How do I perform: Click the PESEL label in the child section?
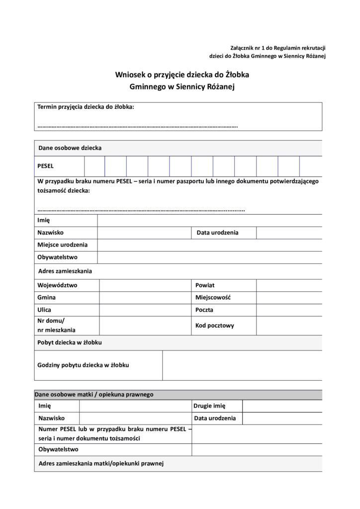tap(45, 166)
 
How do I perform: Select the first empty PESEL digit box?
tap(94, 166)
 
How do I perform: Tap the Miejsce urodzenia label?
tap(62, 245)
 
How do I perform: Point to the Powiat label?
tap(205, 285)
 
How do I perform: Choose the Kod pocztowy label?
tap(214, 326)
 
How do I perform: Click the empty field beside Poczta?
tap(289, 310)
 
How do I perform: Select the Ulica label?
tap(44, 310)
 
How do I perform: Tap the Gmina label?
tap(46, 297)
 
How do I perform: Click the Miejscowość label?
tap(213, 297)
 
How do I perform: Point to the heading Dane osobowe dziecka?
tap(70, 148)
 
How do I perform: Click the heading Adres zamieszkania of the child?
tap(65, 271)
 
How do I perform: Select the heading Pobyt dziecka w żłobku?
tap(70, 342)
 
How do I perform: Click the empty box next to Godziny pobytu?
tap(242, 365)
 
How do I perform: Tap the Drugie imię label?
tap(210, 406)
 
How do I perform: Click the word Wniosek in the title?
tap(129, 75)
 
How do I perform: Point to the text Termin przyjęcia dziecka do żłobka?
tap(86, 106)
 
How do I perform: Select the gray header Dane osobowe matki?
tap(94, 395)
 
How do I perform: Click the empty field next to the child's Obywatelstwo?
tap(209, 257)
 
